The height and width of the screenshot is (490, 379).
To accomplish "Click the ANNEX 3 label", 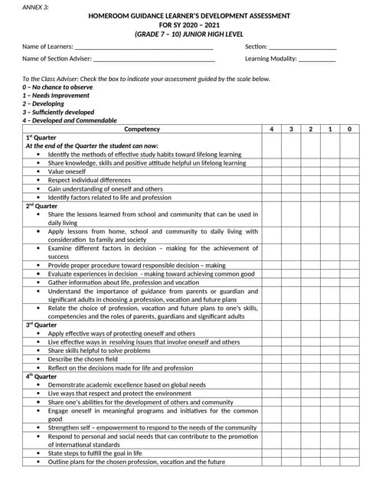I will (34, 6).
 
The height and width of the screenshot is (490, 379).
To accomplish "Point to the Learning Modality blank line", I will (317, 59).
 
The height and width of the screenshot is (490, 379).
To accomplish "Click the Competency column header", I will (142, 129).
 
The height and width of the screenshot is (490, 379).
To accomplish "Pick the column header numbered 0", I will (350, 129).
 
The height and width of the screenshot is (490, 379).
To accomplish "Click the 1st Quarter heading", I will (41, 137).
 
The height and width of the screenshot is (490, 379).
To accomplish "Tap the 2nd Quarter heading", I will (41, 205).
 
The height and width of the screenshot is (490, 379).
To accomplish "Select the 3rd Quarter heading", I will (41, 325).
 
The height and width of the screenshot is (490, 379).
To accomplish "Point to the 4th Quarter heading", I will (41, 376).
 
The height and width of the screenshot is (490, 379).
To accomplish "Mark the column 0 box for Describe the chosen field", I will (350, 359).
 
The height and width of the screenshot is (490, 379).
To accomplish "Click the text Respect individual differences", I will (89, 180).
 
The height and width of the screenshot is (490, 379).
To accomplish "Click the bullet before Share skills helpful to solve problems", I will (38, 351).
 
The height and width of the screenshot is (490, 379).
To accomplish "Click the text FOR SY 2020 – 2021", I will (189, 25).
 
